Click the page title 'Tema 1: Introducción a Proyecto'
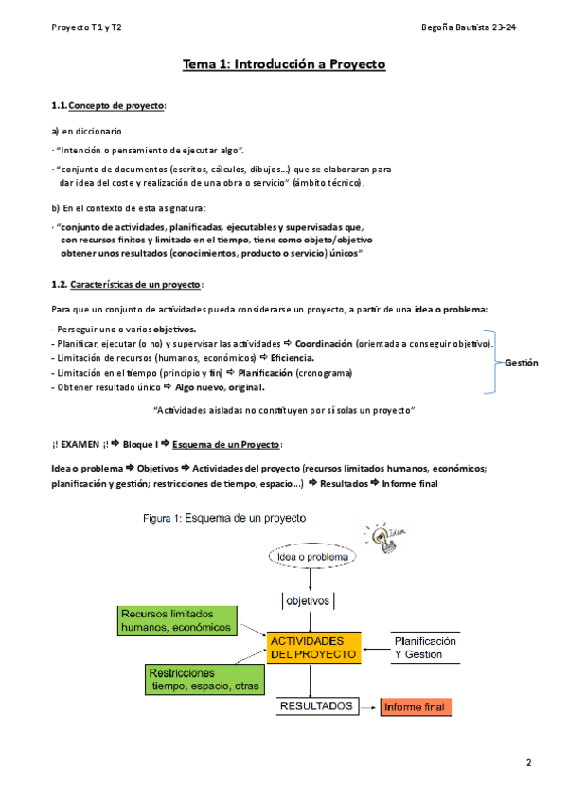pos(284,64)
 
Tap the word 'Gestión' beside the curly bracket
pos(522,363)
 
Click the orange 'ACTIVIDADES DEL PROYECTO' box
pos(313,647)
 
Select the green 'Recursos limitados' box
pos(176,620)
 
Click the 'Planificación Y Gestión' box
pos(426,647)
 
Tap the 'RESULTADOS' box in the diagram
pos(316,706)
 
